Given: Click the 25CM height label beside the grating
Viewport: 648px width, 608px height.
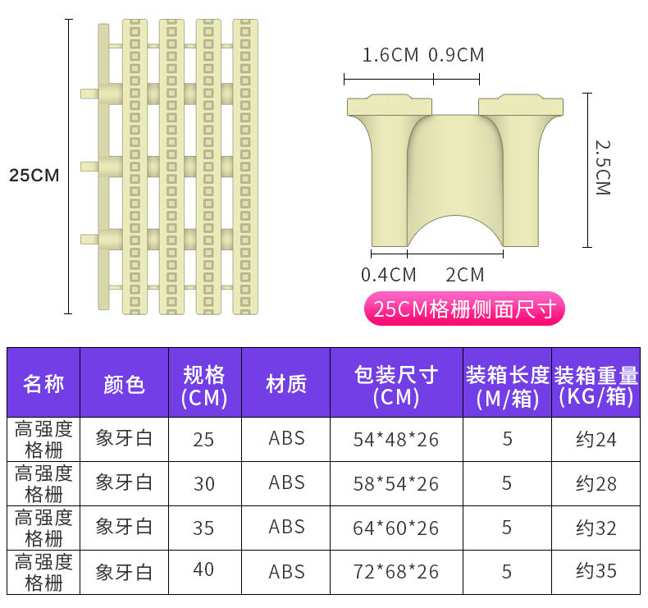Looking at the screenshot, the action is (34, 175).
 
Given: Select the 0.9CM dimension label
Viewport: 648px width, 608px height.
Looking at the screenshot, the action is (456, 55).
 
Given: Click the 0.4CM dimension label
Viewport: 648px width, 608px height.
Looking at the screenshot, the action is (389, 275).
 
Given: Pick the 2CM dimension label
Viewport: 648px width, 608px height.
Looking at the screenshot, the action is (465, 275).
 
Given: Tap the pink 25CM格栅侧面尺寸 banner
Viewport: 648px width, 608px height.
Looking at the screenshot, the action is (464, 309).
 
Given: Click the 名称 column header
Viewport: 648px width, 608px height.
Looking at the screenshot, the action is (43, 383).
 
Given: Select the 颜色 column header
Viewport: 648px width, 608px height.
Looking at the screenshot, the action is (125, 383).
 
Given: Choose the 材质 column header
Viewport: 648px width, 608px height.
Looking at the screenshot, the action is (286, 383).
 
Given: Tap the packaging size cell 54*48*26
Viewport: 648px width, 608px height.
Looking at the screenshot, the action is (396, 439).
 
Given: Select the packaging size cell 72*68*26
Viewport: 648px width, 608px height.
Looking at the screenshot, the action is (396, 571).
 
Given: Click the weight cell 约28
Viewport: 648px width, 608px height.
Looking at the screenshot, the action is (596, 483).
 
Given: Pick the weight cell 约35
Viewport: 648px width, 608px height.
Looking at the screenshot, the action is (596, 571).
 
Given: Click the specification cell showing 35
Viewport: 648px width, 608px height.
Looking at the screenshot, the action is (204, 528).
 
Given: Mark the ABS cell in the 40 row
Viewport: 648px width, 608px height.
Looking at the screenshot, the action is (286, 571).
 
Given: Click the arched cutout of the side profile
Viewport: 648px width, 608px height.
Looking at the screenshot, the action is (455, 231).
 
